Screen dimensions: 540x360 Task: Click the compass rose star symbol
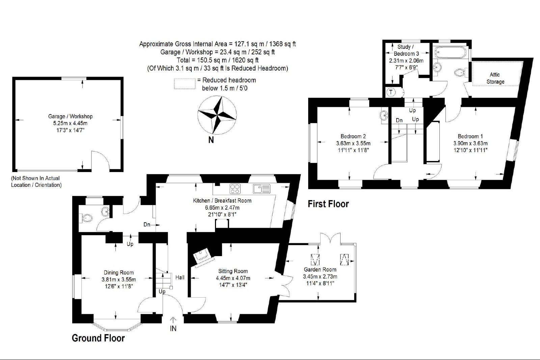pos(217,115)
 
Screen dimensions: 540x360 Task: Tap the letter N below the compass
pos(211,140)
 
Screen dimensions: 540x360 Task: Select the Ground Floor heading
pos(98,338)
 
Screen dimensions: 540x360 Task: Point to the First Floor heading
pos(328,204)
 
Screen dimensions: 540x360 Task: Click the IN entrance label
pos(173,328)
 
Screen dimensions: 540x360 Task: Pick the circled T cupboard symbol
pos(391,92)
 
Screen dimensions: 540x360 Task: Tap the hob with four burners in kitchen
pos(235,189)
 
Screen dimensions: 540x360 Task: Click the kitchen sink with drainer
pos(262,189)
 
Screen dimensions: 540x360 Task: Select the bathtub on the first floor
pos(450,52)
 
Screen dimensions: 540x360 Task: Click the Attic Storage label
pos(495,78)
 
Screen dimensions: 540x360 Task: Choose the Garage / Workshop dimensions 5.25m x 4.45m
pos(70,123)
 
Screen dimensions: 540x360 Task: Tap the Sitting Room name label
pos(233,271)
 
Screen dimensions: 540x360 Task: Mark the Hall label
pos(180,277)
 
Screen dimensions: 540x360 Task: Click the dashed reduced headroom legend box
pos(185,84)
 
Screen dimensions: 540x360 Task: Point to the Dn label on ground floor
pos(147,225)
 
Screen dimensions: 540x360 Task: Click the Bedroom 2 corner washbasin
pos(384,115)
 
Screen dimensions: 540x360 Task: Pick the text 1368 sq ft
pos(282,44)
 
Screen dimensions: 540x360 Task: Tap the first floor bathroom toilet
pos(460,72)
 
